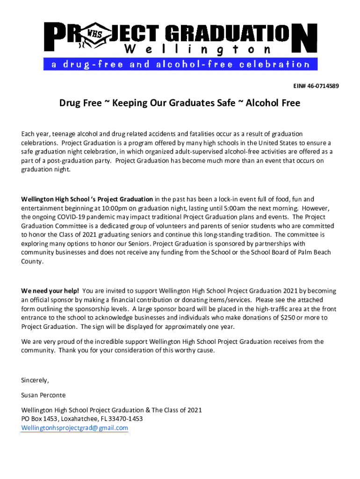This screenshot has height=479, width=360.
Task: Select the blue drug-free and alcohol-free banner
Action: [x=180, y=64]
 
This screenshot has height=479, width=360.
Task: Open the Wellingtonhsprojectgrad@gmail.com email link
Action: [x=75, y=428]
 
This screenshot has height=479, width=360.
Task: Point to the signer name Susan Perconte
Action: [x=43, y=395]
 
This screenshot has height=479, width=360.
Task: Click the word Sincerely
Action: [x=35, y=380]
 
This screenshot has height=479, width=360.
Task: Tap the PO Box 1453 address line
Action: [x=82, y=419]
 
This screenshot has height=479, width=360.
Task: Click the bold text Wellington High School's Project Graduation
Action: [x=87, y=199]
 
